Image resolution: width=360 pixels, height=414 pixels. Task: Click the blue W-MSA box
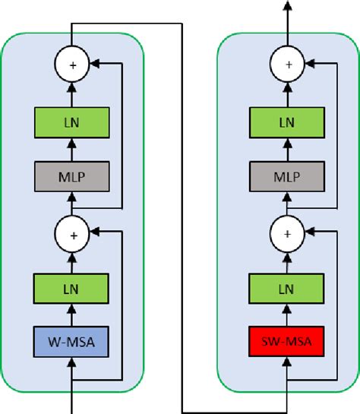72,343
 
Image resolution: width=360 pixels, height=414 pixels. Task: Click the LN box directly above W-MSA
72,289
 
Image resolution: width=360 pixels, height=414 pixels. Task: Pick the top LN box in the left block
72,122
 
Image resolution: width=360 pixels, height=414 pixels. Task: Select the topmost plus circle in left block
72,66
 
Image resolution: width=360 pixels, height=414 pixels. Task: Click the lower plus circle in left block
72,233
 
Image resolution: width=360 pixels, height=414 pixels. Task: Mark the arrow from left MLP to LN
72,149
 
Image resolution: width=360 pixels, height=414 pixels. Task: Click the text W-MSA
72,343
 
